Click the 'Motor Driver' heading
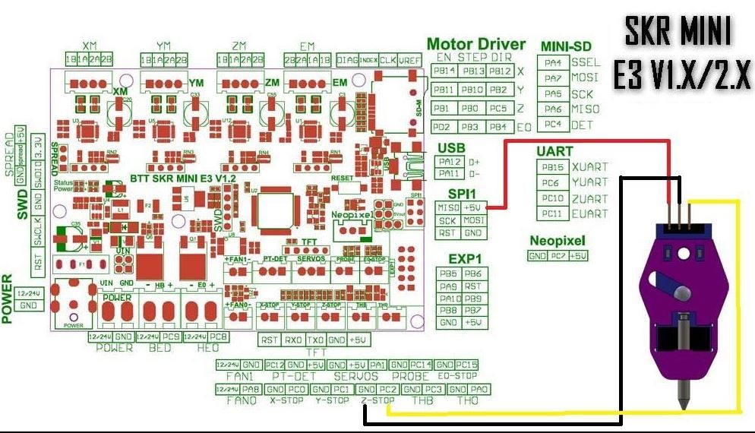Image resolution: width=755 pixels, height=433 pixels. [x=476, y=43]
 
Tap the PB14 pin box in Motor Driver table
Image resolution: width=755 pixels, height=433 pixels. [x=444, y=71]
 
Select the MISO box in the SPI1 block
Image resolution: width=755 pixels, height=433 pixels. [x=447, y=207]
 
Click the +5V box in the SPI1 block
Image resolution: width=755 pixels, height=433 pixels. [x=473, y=207]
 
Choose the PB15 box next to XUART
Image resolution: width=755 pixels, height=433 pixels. [x=551, y=166]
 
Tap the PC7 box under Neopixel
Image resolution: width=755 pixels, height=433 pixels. [x=558, y=256]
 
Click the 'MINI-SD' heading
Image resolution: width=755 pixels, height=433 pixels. [x=567, y=46]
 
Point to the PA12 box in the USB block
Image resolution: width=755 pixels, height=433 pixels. [x=450, y=161]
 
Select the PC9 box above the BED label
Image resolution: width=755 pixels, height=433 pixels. [x=171, y=336]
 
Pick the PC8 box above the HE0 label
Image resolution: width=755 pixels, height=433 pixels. [x=216, y=336]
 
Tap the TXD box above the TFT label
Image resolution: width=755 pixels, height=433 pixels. [x=316, y=340]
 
